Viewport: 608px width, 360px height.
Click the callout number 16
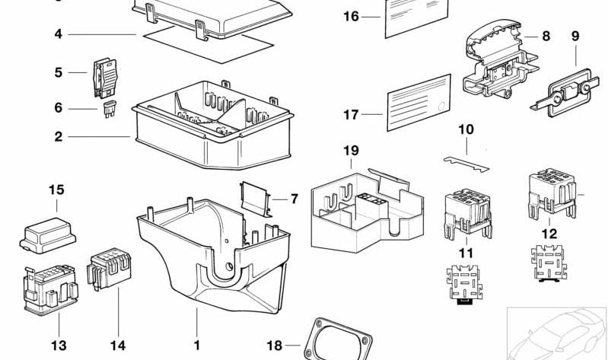tap(351, 16)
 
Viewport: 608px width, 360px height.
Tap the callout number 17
tap(351, 115)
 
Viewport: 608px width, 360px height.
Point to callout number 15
tap(58, 190)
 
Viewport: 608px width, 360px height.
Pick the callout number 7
tap(294, 199)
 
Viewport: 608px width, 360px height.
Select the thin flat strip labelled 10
tap(466, 162)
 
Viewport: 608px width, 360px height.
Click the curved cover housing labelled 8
tap(495, 53)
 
